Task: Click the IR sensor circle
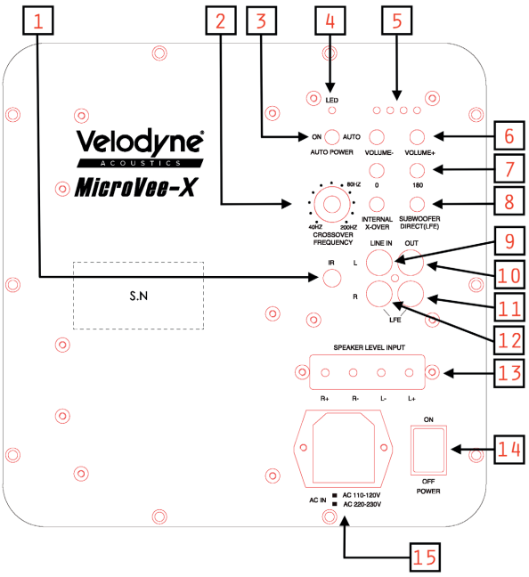click(332, 278)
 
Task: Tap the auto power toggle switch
click(333, 137)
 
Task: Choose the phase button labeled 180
click(417, 171)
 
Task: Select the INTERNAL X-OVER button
click(377, 203)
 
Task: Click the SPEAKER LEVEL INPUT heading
click(369, 348)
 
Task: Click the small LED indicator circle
click(331, 112)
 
